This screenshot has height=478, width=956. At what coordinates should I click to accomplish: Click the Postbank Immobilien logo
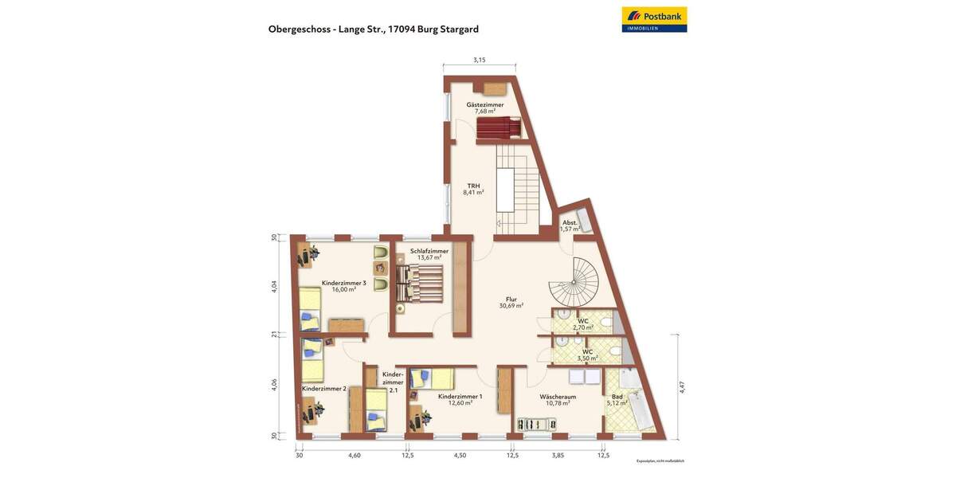coord(654,19)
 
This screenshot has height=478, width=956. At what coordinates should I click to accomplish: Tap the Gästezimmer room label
coord(485,108)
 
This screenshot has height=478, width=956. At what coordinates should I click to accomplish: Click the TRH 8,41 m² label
coord(473,190)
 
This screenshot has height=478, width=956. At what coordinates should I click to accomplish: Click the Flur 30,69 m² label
coord(511,303)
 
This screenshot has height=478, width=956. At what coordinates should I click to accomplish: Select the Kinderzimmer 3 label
coord(344,286)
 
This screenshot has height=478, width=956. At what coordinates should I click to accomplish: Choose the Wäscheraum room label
coord(558,399)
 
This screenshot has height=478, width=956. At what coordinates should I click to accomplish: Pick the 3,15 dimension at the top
coord(479,60)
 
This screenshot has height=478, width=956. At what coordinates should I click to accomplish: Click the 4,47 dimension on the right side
coord(682,387)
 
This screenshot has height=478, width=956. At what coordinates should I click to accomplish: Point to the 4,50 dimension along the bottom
coord(460,455)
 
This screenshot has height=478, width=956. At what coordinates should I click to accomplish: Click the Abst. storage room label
coord(570,225)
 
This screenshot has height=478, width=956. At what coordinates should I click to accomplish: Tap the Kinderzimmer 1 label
coord(460,399)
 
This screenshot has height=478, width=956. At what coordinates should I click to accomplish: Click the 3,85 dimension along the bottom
coord(558,455)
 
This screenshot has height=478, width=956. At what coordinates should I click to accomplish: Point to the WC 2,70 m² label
coord(583,324)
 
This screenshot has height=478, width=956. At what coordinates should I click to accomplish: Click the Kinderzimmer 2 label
coord(323,389)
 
